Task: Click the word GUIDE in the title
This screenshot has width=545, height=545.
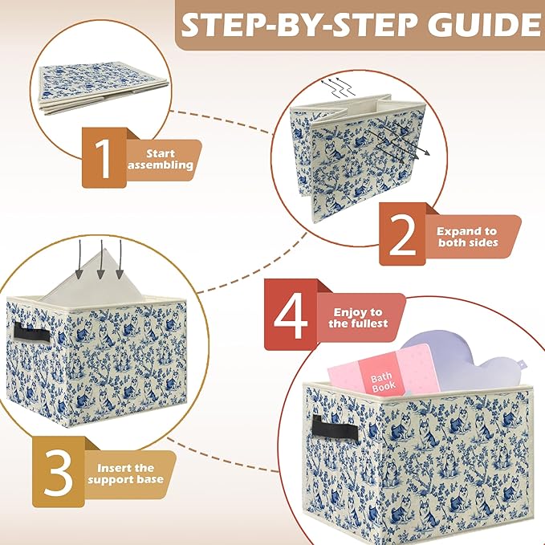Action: pyautogui.click(x=484, y=25)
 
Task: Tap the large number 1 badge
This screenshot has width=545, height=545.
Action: pyautogui.click(x=104, y=158)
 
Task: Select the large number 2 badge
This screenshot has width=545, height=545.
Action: pyautogui.click(x=402, y=234)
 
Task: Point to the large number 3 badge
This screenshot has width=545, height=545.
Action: pyautogui.click(x=59, y=472)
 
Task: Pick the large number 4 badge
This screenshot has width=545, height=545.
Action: pyautogui.click(x=291, y=315)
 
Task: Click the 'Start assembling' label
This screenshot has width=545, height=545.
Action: pyautogui.click(x=161, y=159)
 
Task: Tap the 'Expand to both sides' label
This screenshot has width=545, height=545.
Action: pyautogui.click(x=467, y=237)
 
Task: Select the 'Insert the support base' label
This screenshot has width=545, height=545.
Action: pyautogui.click(x=125, y=474)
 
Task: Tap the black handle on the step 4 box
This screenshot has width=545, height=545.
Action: pyautogui.click(x=335, y=427)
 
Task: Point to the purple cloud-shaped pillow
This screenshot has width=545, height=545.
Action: pyautogui.click(x=466, y=361)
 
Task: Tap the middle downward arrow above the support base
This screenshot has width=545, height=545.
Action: pyautogui.click(x=101, y=259)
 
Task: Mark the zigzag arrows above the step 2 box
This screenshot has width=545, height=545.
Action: pyautogui.click(x=338, y=87)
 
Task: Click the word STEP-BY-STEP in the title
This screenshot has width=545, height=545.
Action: pyautogui.click(x=299, y=25)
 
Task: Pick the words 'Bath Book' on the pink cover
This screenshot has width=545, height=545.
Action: pyautogui.click(x=383, y=381)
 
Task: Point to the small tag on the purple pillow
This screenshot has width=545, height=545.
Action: pyautogui.click(x=522, y=364)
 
